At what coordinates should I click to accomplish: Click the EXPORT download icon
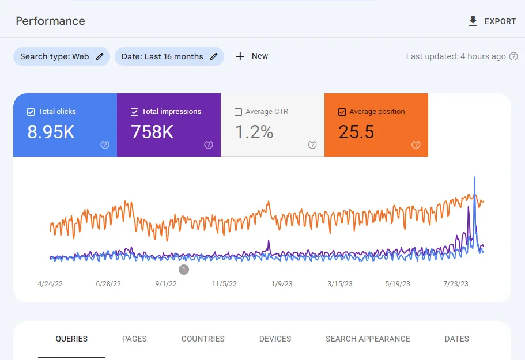[x=473, y=21]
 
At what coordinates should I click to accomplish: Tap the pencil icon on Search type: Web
[x=100, y=56]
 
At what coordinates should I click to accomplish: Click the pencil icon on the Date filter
[x=214, y=56]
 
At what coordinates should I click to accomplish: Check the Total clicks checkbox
[x=31, y=112]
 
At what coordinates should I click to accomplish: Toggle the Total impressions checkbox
[x=135, y=112]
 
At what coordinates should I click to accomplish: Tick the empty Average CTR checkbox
[x=239, y=112]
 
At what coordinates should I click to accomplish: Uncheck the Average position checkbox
[x=342, y=112]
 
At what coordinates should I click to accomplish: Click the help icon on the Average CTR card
[x=312, y=145]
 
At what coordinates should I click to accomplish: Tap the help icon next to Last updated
[x=513, y=56]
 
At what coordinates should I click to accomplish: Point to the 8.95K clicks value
[x=51, y=132]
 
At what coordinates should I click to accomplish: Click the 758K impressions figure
[x=152, y=132]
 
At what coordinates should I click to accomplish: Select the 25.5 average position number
[x=356, y=132]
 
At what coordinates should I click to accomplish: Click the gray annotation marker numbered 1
[x=184, y=270]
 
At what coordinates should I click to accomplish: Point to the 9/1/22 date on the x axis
[x=166, y=284]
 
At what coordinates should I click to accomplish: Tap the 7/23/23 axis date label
[x=456, y=284]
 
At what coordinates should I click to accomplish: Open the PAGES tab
[x=134, y=339]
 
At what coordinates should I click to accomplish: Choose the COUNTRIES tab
[x=203, y=339]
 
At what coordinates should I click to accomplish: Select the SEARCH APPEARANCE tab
[x=368, y=339]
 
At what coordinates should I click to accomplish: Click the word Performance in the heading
[x=50, y=21]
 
